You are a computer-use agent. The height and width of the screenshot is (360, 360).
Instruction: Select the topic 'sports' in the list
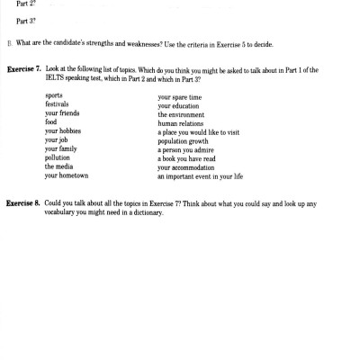click(54, 94)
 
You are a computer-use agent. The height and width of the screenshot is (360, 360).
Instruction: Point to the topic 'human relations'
click(183, 123)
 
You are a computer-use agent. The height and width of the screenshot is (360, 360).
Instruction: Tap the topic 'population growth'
click(187, 141)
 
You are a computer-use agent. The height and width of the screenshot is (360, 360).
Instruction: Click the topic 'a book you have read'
click(191, 158)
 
